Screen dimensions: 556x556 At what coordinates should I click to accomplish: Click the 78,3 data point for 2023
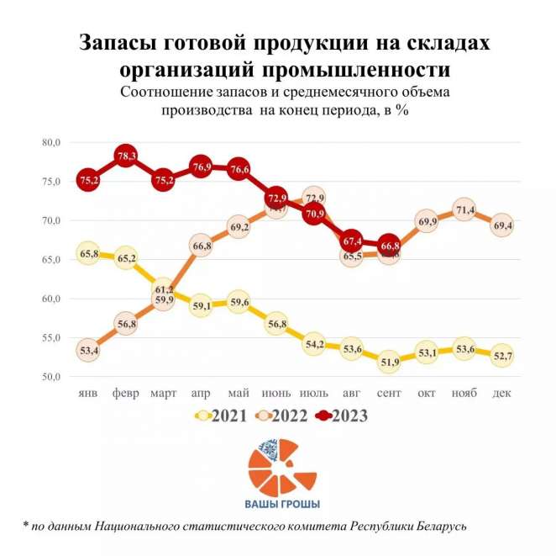[127, 156]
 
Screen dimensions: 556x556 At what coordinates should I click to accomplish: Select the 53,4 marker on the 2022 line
[88, 350]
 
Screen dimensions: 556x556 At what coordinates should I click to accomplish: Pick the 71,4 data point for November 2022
[464, 209]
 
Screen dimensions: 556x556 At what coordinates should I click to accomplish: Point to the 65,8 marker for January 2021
[88, 253]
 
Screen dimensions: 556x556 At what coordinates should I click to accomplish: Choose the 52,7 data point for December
[501, 355]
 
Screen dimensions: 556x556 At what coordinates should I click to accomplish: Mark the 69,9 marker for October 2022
[426, 221]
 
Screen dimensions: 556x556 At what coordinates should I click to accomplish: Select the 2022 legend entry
[281, 415]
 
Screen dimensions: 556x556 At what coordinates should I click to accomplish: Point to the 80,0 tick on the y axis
[51, 143]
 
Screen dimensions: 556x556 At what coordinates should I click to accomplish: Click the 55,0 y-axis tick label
[51, 338]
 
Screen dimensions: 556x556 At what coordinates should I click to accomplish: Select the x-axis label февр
[126, 394]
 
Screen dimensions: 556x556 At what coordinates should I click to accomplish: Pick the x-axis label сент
[388, 394]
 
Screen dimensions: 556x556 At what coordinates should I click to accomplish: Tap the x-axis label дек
[501, 394]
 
